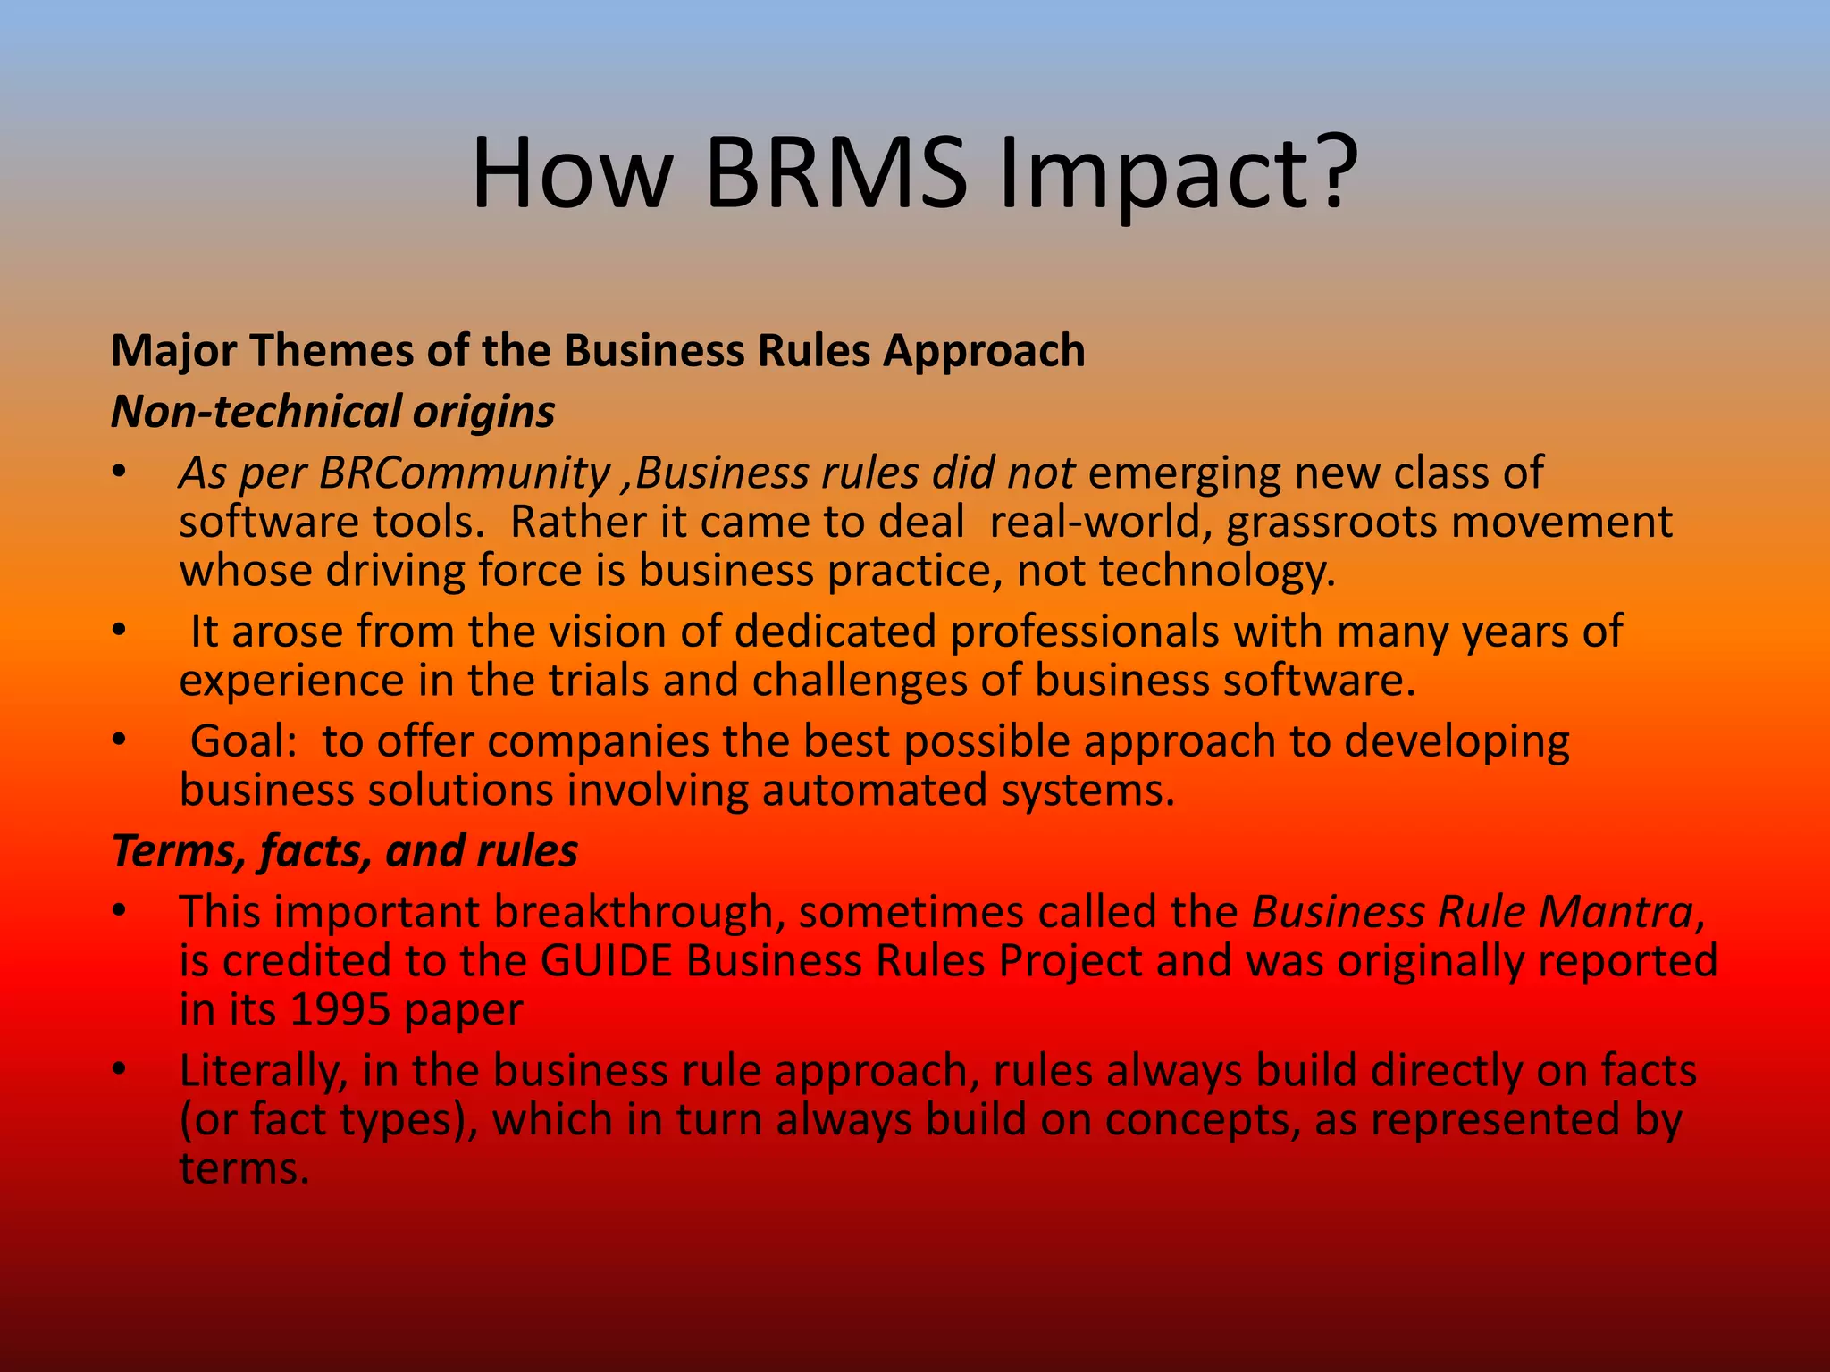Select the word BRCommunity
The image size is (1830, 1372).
[464, 473]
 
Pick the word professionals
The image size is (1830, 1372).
[1084, 632]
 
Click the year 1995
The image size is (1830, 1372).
[340, 1009]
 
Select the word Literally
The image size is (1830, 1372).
[263, 1071]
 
